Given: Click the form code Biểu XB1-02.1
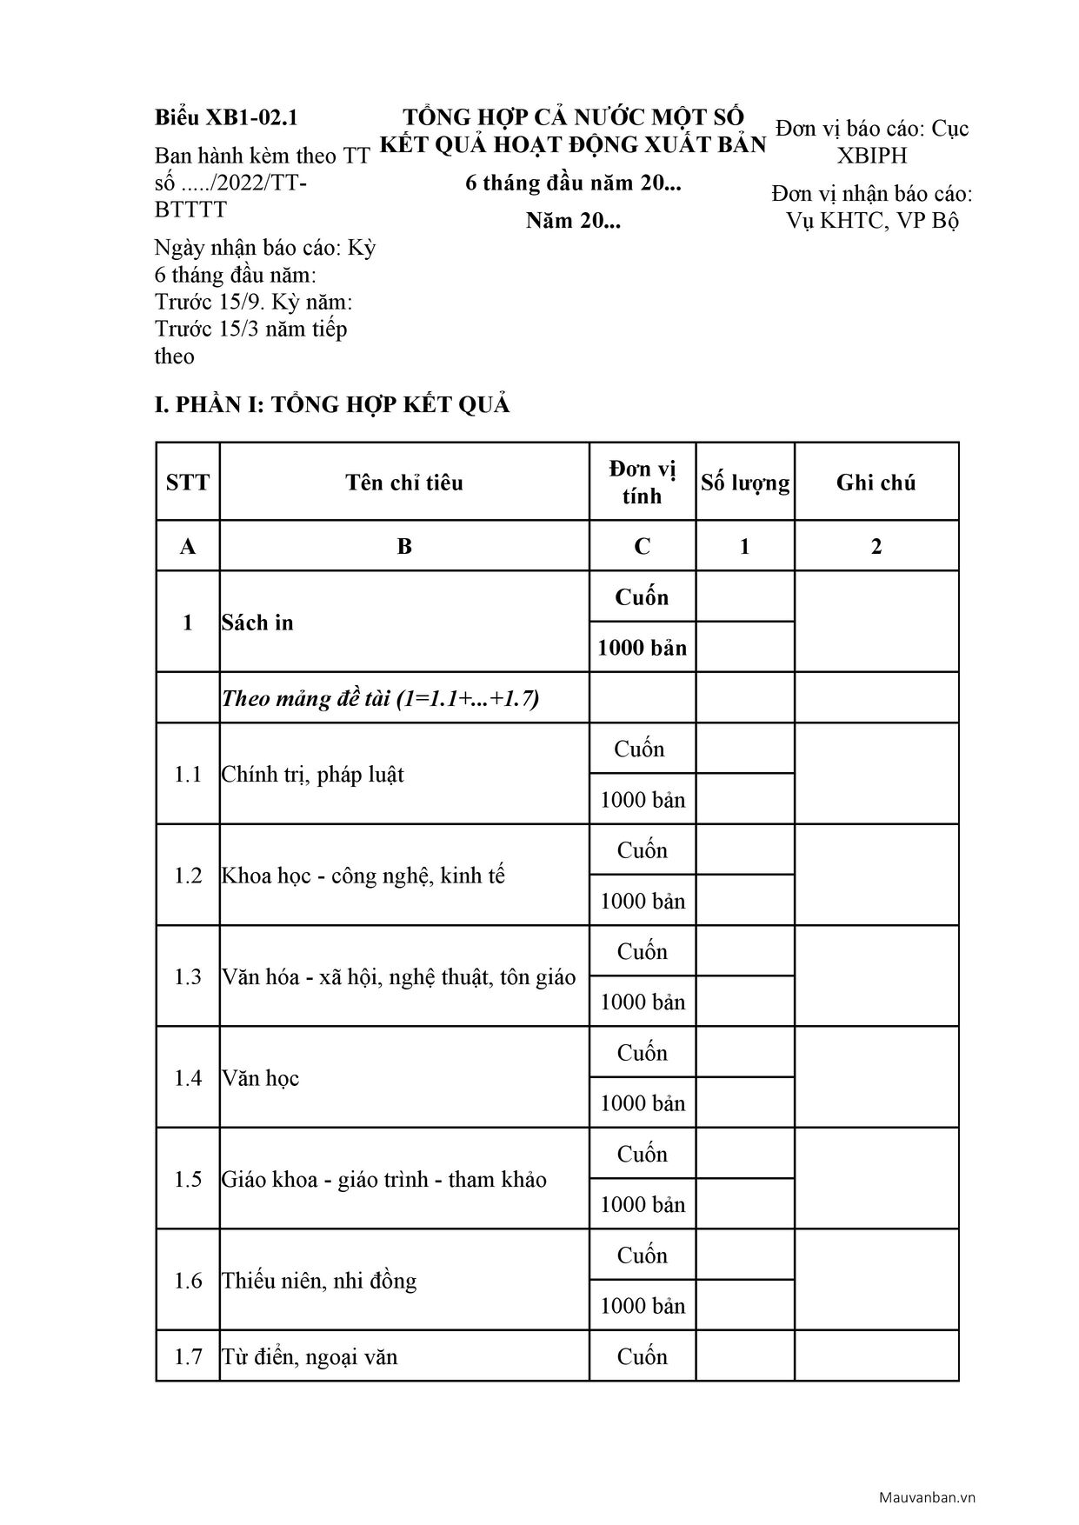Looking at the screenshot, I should point(226,117).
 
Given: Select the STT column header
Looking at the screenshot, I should point(188,483).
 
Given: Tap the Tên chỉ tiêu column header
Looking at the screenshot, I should point(404,483).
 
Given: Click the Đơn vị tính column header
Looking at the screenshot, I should point(643,483).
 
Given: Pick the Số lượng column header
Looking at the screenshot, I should point(745,483).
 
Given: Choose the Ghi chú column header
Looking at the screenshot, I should point(876,483).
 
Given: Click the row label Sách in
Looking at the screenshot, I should point(257,623).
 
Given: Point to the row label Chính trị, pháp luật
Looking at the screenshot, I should point(313,774).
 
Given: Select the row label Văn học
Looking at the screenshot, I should point(260,1078).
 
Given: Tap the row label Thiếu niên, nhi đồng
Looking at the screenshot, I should point(319,1281).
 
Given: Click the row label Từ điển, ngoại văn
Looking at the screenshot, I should point(310,1356).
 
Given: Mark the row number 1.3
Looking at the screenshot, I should point(188,976).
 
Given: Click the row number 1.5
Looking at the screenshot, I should point(188,1179).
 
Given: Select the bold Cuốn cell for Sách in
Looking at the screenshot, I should point(643,597).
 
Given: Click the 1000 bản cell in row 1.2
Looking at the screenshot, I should point(643,901).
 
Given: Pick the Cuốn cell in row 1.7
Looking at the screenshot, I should point(643,1356).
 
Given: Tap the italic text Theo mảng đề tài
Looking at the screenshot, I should point(380,698).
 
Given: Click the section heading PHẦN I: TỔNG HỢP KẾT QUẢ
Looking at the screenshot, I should point(332,404).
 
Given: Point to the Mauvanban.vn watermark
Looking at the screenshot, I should point(927,1497).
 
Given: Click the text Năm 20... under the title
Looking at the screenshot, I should point(573,221).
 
